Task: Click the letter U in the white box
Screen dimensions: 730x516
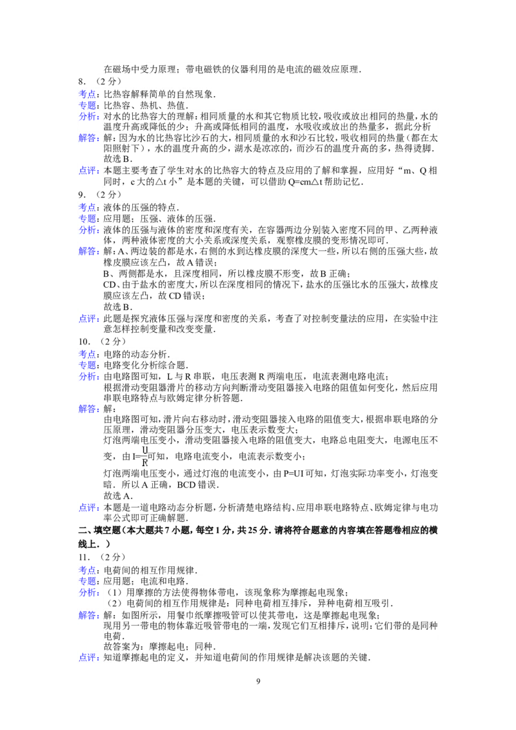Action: pyautogui.click(x=144, y=449)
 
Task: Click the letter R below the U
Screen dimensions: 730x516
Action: pyautogui.click(x=144, y=463)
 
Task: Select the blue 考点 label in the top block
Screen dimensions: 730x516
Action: pyautogui.click(x=88, y=94)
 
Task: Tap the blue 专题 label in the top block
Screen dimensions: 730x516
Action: pyautogui.click(x=88, y=104)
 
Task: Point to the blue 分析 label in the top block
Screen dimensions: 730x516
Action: pyautogui.click(x=88, y=117)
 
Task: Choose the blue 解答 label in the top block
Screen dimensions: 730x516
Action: pyautogui.click(x=88, y=138)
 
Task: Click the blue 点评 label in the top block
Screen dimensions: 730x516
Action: pyautogui.click(x=88, y=171)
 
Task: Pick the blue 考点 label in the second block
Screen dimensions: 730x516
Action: pyautogui.click(x=88, y=207)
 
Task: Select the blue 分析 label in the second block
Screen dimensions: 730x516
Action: pyautogui.click(x=88, y=230)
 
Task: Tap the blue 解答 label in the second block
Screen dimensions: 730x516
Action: pyautogui.click(x=88, y=252)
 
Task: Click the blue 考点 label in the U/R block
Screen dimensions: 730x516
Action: pyautogui.click(x=88, y=353)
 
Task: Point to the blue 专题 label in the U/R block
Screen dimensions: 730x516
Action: pyautogui.click(x=88, y=364)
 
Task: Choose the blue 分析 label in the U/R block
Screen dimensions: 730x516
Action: pyautogui.click(x=88, y=377)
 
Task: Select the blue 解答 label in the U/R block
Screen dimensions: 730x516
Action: pyautogui.click(x=88, y=409)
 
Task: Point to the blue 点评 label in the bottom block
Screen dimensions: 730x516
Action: pyautogui.click(x=88, y=658)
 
